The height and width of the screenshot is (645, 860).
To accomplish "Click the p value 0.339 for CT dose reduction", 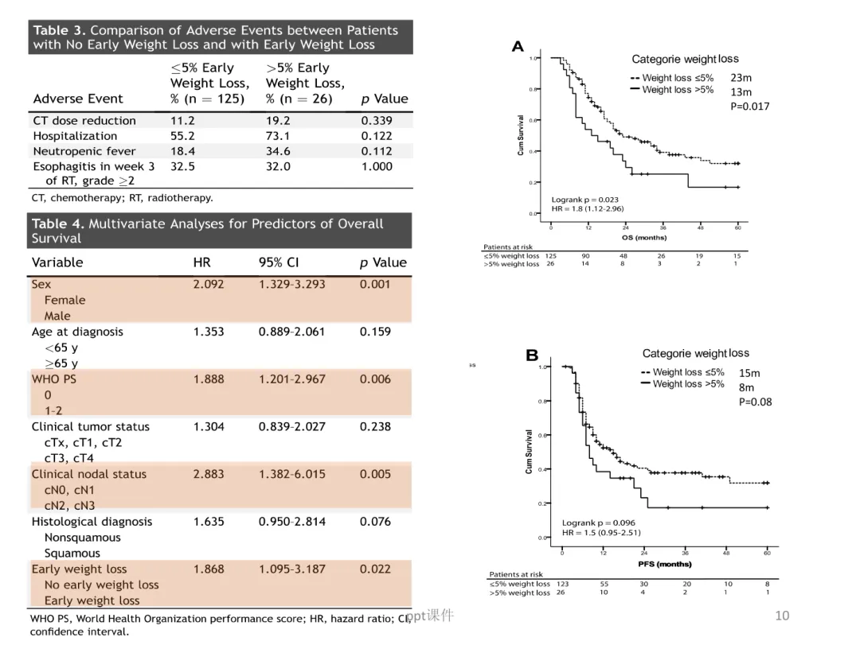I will coord(377,121).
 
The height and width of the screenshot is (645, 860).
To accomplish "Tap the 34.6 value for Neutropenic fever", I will coord(278,151).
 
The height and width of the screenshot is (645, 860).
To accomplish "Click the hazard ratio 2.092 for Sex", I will coord(209,284).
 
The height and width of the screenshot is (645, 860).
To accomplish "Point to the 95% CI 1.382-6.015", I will coord(291,474).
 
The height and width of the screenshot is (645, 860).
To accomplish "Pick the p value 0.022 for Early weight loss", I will coord(375,569).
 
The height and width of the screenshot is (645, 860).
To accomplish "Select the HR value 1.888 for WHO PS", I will coord(209,379).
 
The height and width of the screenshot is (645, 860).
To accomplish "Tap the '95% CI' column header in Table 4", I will coord(279,262).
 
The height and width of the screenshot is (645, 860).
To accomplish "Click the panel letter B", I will coord(532,356).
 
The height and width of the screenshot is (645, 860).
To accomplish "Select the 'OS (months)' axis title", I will coord(643,237).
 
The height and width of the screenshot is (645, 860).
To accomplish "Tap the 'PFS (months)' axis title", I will coord(663,564).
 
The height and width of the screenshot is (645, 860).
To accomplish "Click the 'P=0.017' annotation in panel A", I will coord(750,107).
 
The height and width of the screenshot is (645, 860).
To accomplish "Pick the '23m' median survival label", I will coord(741,78).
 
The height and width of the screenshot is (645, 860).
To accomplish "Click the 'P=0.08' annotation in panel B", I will coord(755,402).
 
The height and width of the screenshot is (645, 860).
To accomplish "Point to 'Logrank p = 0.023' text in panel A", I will coord(584,200).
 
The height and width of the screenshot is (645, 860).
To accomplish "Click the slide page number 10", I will coord(781,616).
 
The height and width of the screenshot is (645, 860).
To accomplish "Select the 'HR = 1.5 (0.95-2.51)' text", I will coord(601,532).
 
